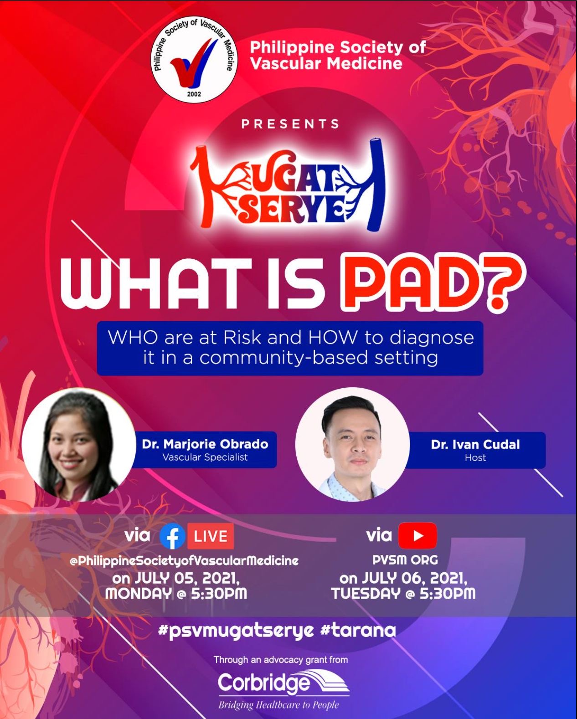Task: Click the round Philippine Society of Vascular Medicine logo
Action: tap(194, 60)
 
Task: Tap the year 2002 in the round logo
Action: tap(194, 94)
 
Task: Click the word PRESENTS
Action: tap(290, 124)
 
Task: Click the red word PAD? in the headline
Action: tap(433, 281)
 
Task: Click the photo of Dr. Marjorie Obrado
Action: tap(79, 445)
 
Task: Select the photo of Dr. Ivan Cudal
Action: tap(353, 445)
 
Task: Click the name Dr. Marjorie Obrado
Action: tap(205, 444)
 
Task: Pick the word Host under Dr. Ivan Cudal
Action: tap(475, 457)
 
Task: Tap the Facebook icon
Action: tap(172, 536)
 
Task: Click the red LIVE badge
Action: tap(210, 536)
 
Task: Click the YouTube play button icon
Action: tap(417, 535)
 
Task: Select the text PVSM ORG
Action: tap(405, 560)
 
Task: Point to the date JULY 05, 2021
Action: tap(187, 578)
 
